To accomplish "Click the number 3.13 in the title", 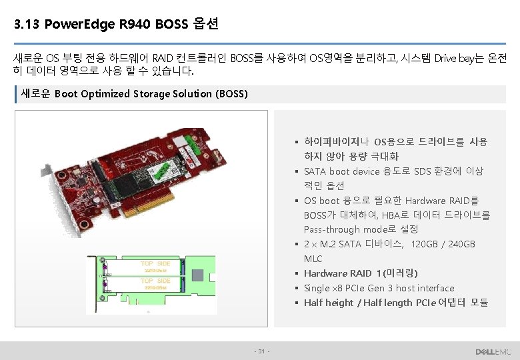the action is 26,25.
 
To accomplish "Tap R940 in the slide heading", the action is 133,25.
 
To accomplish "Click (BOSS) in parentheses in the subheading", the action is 231,94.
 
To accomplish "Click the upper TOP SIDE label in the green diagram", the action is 155,264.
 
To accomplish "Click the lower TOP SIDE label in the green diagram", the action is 155,281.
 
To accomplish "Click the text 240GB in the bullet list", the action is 461,244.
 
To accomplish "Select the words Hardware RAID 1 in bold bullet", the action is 342,273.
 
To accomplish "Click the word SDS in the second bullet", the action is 423,171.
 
